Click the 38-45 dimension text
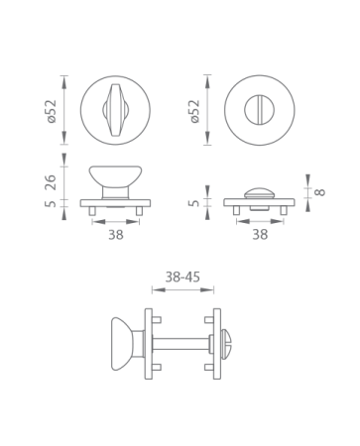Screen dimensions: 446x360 click(x=182, y=278)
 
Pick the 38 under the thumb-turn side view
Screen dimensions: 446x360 click(x=115, y=235)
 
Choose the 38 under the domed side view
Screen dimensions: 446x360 click(x=259, y=235)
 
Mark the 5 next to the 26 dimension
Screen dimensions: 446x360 click(x=52, y=205)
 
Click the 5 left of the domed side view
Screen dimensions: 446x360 click(x=194, y=203)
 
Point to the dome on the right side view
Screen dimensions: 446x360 click(x=259, y=190)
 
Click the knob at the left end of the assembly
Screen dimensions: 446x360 click(x=123, y=343)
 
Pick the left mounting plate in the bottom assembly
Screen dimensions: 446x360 click(x=149, y=343)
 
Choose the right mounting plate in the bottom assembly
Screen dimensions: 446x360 click(x=213, y=343)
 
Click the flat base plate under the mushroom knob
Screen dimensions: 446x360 click(x=115, y=203)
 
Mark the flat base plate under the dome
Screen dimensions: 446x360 click(x=259, y=202)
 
